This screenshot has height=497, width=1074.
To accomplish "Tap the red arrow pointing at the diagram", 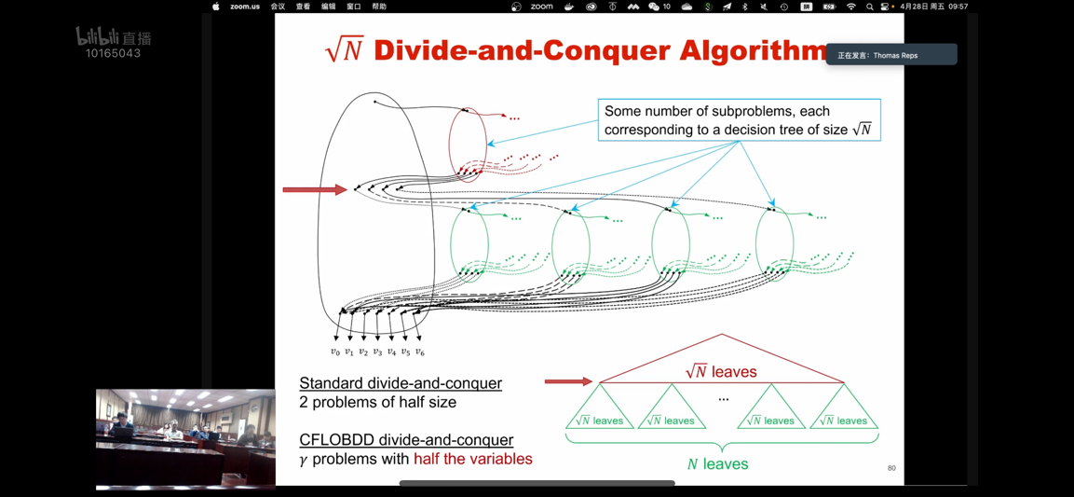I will point(315,190).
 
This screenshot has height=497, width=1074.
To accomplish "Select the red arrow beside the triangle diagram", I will point(568,381).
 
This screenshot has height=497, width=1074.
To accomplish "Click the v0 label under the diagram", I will point(335,352).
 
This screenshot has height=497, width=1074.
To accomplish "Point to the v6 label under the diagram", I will point(420,352).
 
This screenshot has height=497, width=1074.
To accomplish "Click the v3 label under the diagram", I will point(377,352).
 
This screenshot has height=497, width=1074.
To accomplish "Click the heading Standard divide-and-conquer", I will point(401,383).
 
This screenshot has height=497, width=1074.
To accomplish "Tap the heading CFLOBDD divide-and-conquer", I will point(406,440).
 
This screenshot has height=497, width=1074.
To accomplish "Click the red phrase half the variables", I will point(473,459).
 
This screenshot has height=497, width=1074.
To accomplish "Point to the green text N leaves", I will point(717,463).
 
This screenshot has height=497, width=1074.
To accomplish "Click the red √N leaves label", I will point(721,372).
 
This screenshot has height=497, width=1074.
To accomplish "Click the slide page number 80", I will point(891,468).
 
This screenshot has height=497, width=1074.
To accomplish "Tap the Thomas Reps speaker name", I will point(895,56).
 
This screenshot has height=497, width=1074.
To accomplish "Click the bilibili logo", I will point(113,37).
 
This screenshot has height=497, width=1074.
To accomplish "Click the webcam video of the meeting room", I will point(185,438).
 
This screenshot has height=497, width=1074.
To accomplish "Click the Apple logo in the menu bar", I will point(216,7).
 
